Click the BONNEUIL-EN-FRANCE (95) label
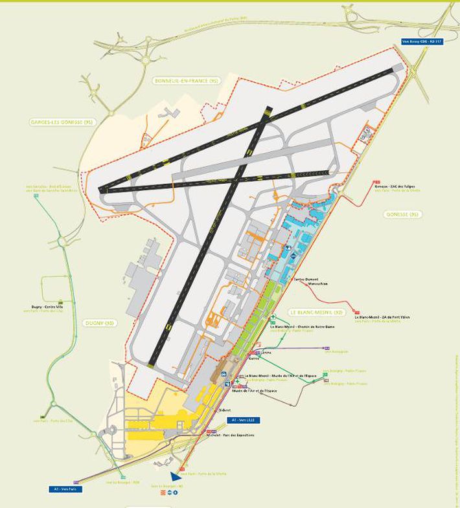(187, 81)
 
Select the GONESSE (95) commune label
(403, 214)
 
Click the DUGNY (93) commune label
(99, 322)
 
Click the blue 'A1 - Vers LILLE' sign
(243, 420)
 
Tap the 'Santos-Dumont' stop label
(307, 278)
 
